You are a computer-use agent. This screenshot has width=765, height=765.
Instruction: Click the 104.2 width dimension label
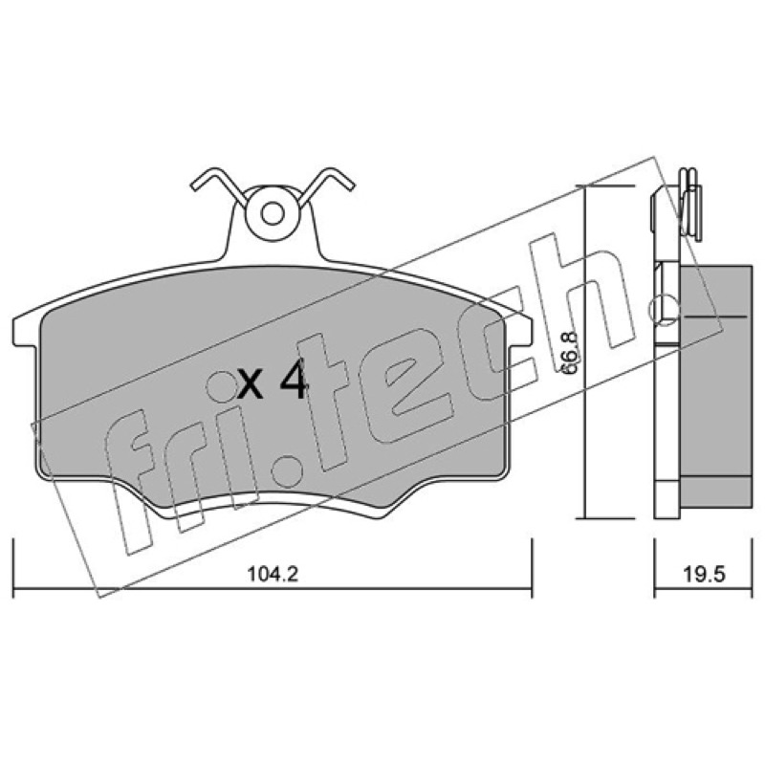coord(273,575)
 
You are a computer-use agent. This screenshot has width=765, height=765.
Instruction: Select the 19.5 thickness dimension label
coord(704,575)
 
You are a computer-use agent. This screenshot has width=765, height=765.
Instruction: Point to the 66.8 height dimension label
coord(569,353)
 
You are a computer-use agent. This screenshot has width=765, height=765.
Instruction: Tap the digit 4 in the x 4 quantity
coord(294,378)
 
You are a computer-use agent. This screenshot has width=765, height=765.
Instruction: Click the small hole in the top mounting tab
coord(273,212)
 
